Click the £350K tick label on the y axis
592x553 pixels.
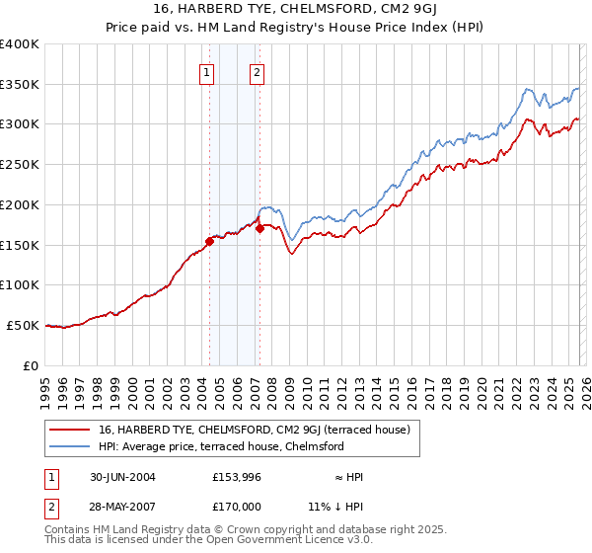(20, 85)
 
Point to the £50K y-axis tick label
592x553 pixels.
(23, 325)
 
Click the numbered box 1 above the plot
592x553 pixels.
(207, 71)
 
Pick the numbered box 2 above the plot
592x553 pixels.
(257, 71)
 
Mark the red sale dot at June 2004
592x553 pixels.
(209, 240)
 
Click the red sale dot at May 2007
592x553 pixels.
(259, 228)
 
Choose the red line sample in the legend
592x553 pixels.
(72, 430)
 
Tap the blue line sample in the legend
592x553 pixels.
(72, 446)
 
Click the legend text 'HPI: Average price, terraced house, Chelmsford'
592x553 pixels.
(221, 446)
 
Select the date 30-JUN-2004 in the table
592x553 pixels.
(113, 477)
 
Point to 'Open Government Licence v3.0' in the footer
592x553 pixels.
(293, 541)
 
